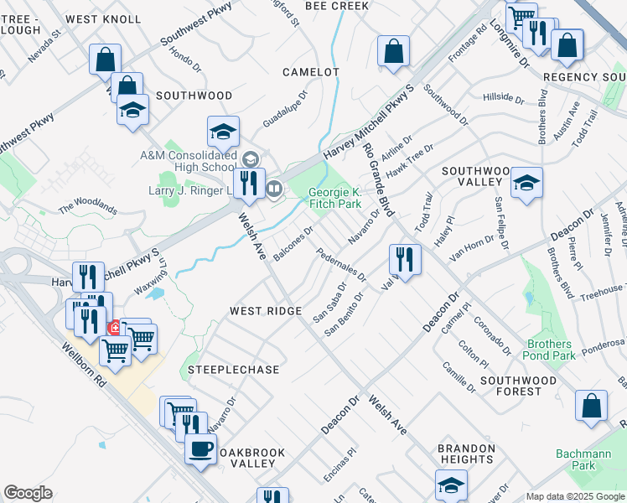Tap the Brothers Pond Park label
[550, 350]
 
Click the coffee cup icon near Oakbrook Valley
[200, 448]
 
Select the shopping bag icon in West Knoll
[106, 59]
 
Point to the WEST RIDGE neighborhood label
[266, 311]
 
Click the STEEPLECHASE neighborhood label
[233, 369]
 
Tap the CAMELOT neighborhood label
[310, 72]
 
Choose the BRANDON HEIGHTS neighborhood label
[465, 454]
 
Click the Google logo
[28, 493]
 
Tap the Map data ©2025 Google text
[575, 496]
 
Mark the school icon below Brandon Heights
[451, 485]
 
